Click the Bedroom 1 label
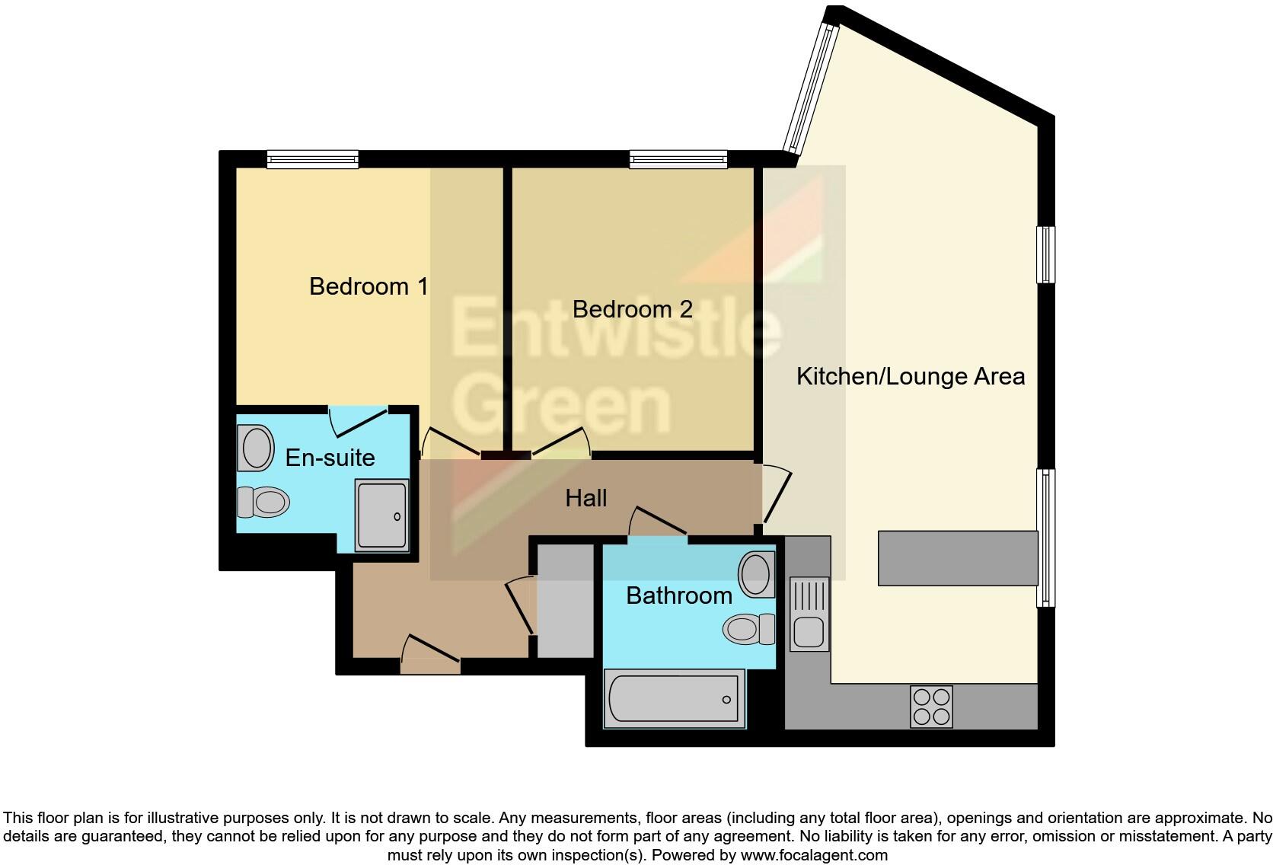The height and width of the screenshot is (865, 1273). [368, 286]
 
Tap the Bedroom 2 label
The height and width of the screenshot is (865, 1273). [632, 309]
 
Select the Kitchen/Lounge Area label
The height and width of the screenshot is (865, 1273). [911, 376]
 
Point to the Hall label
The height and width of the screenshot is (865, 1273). [585, 498]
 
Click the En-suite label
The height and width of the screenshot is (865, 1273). [330, 458]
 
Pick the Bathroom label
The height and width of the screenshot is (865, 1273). [678, 595]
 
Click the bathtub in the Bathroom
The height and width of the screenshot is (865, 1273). [673, 699]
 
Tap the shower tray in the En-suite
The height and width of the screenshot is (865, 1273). [382, 514]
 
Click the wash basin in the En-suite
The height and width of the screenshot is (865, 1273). [257, 448]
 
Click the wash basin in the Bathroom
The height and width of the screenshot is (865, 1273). [756, 574]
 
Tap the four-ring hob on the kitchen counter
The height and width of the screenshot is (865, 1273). [931, 707]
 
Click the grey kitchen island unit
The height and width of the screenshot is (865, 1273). [958, 558]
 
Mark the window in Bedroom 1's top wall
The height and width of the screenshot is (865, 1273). [312, 159]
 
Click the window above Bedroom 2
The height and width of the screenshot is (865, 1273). [678, 159]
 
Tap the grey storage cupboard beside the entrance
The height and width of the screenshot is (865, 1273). [566, 601]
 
